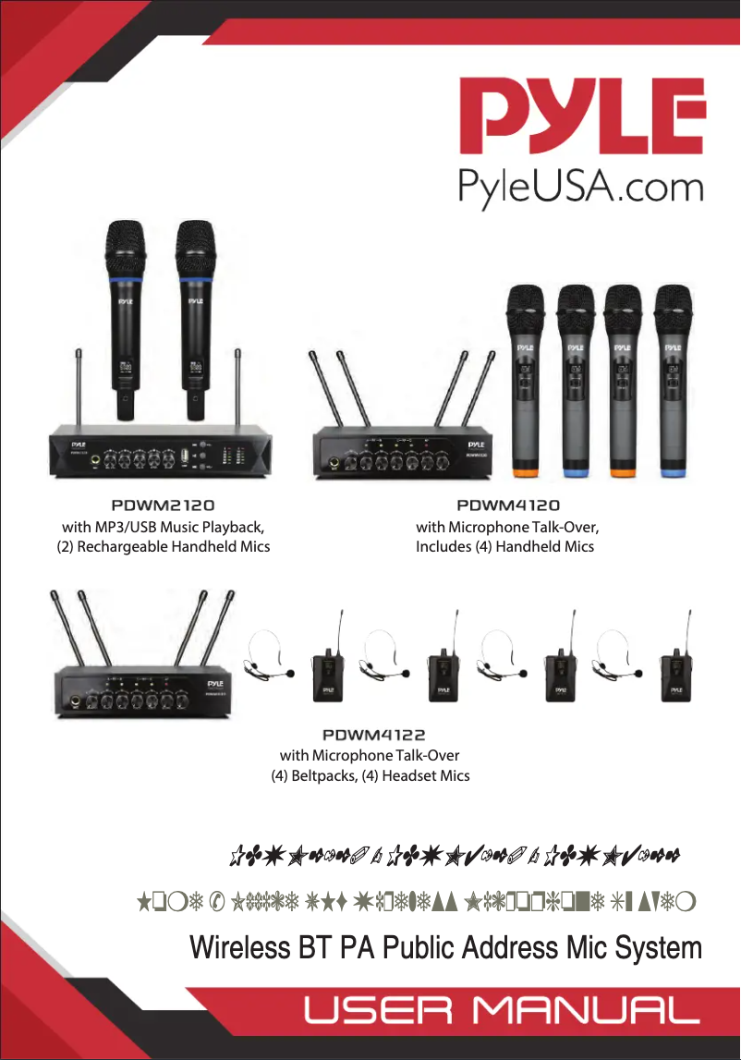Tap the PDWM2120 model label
pos(163,506)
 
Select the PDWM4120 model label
pos(508,506)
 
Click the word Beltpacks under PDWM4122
pos(324,776)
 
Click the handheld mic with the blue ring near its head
pos(125,314)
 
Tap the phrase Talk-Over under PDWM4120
pos(566,528)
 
